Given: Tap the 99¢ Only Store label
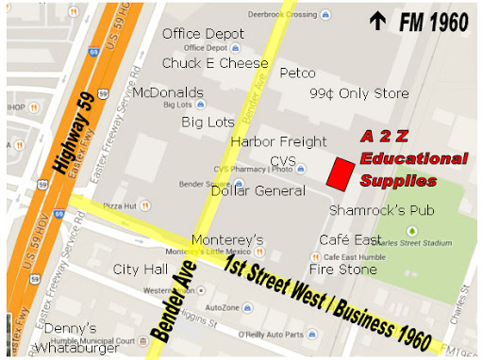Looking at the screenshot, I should click(x=359, y=93).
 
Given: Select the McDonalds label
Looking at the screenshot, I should click(x=168, y=92).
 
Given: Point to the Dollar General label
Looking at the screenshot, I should click(x=258, y=191).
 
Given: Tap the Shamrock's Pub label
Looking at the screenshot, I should click(x=381, y=209).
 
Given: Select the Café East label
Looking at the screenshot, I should click(x=348, y=239).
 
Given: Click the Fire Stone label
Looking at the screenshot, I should click(x=342, y=269).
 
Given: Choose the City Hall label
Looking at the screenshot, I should click(x=140, y=270).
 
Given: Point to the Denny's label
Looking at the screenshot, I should click(x=70, y=329).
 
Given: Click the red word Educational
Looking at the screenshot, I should click(x=413, y=158).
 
